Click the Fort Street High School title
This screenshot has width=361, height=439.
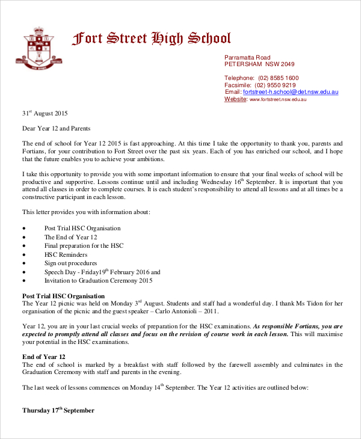pos(151,39)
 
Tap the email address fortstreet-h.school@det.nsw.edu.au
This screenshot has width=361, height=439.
pos(291,92)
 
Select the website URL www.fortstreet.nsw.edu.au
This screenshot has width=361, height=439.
pos(278,99)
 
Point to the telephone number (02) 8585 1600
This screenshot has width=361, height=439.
pos(278,78)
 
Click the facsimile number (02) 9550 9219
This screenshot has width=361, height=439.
pos(277,85)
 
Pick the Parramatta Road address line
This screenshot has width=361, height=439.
pos(247,57)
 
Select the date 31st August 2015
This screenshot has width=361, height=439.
pos(45,113)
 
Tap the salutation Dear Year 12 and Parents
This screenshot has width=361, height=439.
pos(56,128)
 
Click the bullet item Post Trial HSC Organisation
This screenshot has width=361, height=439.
pos(82,229)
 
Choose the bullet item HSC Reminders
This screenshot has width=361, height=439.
pos(66,254)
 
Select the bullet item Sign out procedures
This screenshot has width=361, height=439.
pos(70,263)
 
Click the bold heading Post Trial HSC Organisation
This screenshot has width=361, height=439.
pos(64,296)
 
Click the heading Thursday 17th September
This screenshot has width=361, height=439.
pos(58,411)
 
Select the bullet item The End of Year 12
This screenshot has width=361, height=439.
pos(71,237)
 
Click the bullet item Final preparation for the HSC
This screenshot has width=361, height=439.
pos(84,246)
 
